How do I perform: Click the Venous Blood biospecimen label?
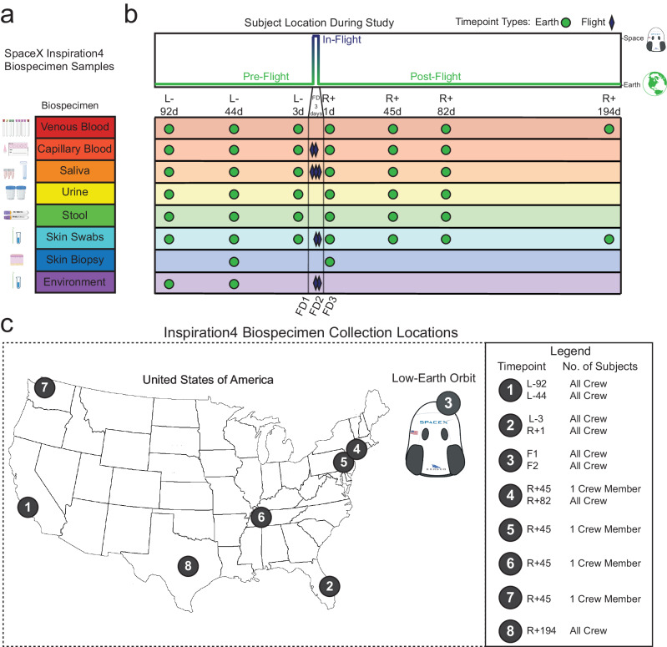76,129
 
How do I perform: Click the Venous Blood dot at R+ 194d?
609,129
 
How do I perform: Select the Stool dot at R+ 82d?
447,217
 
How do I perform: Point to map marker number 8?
190,565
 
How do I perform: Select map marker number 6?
261,517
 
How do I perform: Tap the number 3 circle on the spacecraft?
448,402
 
